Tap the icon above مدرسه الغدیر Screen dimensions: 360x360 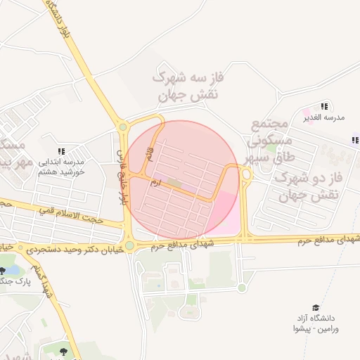click(324, 105)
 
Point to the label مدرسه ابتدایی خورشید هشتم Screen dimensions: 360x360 click(61, 167)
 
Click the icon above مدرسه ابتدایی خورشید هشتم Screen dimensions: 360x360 click(61, 151)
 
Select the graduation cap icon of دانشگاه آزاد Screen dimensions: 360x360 click(316, 308)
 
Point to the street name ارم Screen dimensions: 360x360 click(156, 182)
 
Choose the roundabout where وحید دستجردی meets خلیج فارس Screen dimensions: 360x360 click(130, 245)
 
